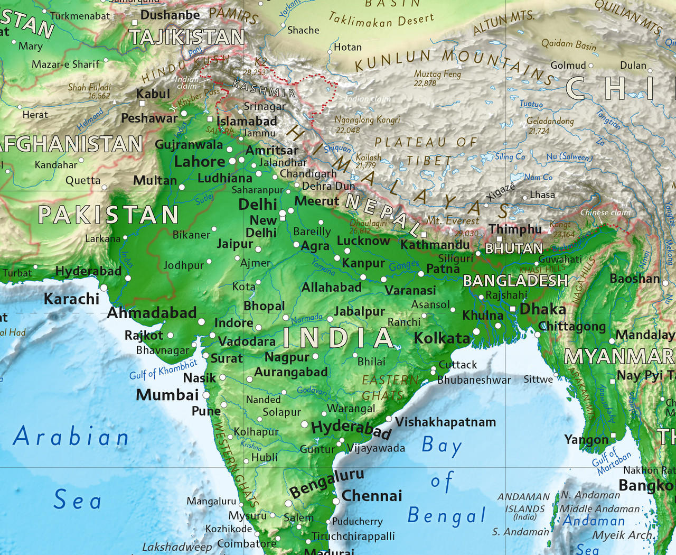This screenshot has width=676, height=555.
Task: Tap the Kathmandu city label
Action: click(435, 245)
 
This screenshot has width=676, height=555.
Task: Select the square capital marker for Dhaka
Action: click(512, 309)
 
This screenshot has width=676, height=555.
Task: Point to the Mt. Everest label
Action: click(453, 220)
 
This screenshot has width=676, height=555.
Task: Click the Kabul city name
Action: click(153, 94)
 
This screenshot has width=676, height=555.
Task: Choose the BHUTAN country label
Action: click(513, 248)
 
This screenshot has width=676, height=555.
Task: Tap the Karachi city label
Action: click(71, 299)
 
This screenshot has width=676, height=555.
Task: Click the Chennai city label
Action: click(372, 496)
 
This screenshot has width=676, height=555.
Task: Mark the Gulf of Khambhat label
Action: click(163, 369)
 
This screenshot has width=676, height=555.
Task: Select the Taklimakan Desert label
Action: click(381, 20)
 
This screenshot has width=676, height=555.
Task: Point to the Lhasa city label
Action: click(542, 195)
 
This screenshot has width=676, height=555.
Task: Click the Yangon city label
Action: click(586, 440)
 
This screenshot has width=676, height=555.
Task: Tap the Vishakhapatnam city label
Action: click(445, 422)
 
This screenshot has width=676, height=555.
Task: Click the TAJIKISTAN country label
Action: click(187, 37)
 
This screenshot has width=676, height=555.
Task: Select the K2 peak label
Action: click(261, 62)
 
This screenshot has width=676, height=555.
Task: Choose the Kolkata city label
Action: click(442, 338)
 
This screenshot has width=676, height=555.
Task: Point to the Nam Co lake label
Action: click(538, 178)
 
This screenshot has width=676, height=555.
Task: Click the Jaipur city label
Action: click(234, 244)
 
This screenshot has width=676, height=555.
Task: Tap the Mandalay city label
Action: click(644, 335)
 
